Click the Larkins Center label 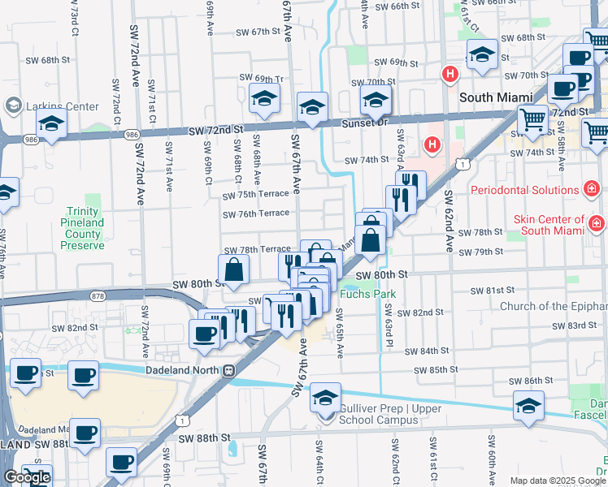62,106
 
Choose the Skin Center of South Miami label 549,225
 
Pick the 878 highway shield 99,297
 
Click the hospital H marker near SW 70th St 449,75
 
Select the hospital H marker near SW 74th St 432,144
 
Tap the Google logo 28,477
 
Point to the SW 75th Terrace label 257,195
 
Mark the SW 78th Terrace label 257,249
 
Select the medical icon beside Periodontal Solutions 593,190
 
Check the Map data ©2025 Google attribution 558,481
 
